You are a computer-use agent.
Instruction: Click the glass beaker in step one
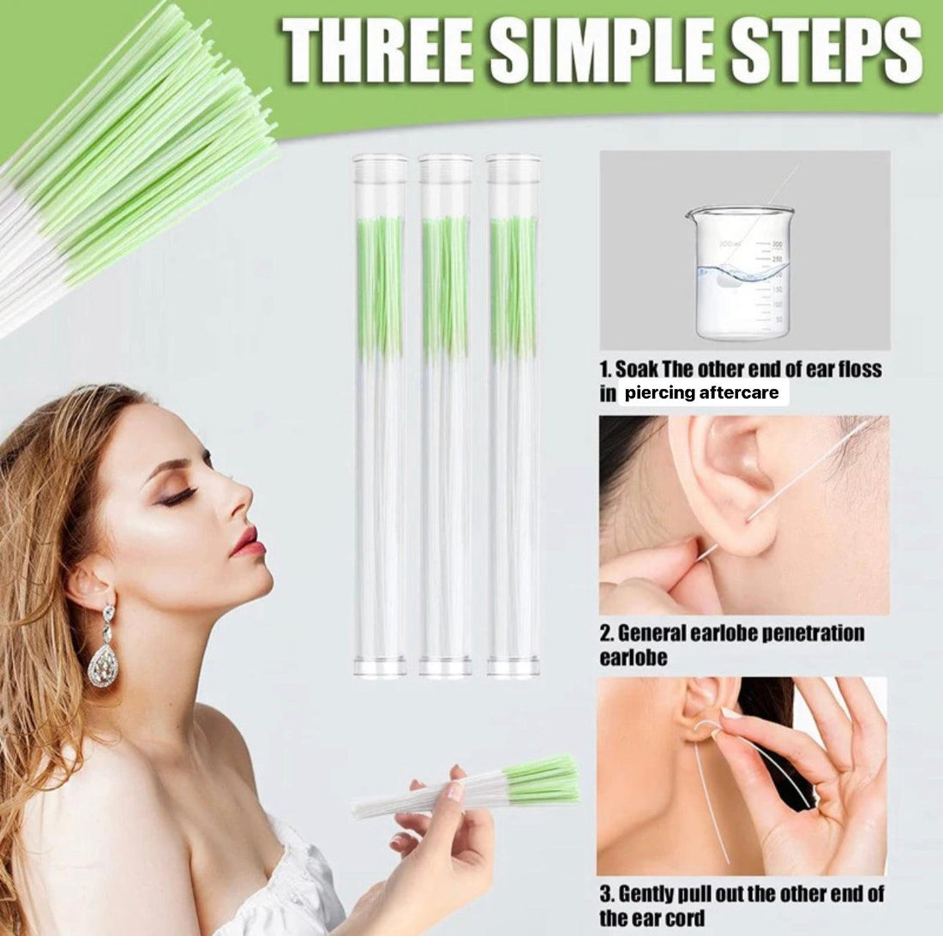pos(742,273)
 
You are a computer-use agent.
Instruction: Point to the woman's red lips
pos(245,543)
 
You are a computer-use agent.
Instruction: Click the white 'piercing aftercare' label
pos(702,393)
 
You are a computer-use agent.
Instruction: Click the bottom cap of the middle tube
pos(445,666)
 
